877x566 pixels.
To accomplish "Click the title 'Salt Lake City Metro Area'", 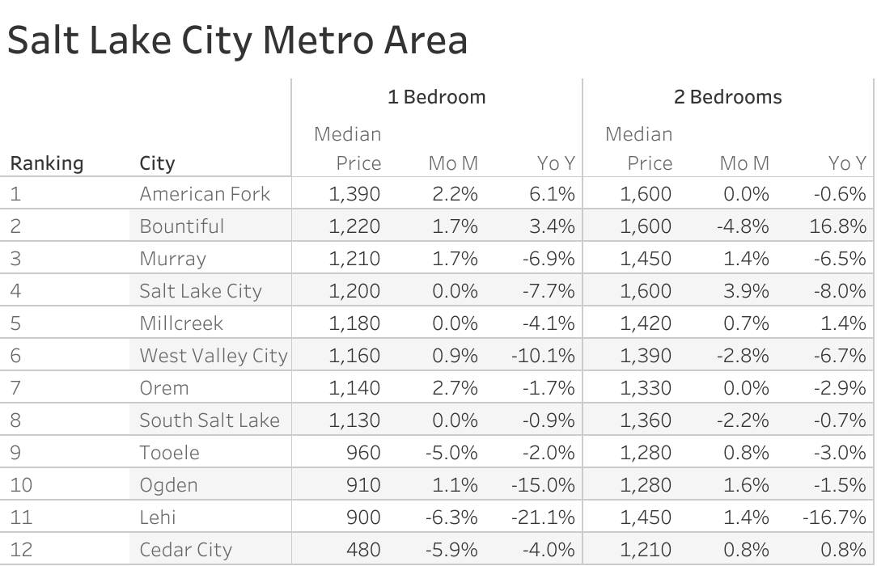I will pyautogui.click(x=237, y=40).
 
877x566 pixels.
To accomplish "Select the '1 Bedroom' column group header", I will pyautogui.click(x=436, y=97).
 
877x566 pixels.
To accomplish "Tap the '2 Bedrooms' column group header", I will pyautogui.click(x=727, y=97).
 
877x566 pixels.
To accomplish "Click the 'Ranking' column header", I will pyautogui.click(x=46, y=163).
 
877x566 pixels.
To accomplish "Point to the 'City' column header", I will pyautogui.click(x=157, y=163).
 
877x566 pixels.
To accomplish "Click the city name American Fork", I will pyautogui.click(x=205, y=194).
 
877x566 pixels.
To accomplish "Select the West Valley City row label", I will pyautogui.click(x=213, y=356).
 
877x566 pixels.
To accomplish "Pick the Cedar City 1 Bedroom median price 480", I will pyautogui.click(x=363, y=550).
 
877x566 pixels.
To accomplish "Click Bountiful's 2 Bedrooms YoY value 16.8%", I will pyautogui.click(x=837, y=226).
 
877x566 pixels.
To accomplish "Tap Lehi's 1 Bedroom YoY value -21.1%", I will pyautogui.click(x=543, y=517).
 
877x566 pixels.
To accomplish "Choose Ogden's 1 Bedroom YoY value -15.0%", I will pyautogui.click(x=543, y=485).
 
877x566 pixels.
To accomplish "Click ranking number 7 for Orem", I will pyautogui.click(x=15, y=388).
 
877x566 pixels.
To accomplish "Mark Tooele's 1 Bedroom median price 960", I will pyautogui.click(x=363, y=453).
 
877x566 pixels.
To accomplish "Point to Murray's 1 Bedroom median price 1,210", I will pyautogui.click(x=354, y=259).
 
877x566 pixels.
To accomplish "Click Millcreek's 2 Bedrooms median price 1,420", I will pyautogui.click(x=646, y=323).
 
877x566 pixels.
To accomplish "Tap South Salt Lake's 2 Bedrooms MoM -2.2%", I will pyautogui.click(x=743, y=420).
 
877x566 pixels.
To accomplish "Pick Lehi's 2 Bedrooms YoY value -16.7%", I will pyautogui.click(x=834, y=517).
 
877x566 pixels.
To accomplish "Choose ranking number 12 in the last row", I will pyautogui.click(x=21, y=550).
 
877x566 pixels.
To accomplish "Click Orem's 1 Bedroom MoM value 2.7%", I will pyautogui.click(x=455, y=388).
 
